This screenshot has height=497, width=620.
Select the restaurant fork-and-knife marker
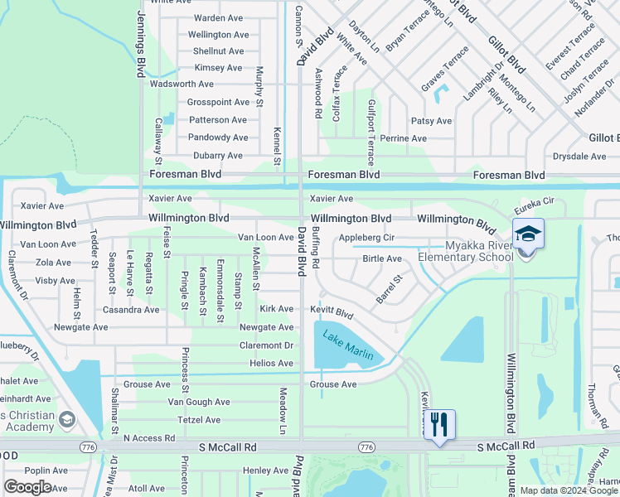pyautogui.click(x=439, y=425)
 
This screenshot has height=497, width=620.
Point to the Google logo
pyautogui.click(x=27, y=487)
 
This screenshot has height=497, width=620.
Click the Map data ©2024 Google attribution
pyautogui.click(x=568, y=490)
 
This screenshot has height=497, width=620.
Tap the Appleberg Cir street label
pyautogui.click(x=366, y=237)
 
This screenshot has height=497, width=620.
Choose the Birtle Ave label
pyautogui.click(x=382, y=258)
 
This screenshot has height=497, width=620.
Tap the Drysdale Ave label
pyautogui.click(x=581, y=156)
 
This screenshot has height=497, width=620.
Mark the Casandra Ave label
pyautogui.click(x=130, y=310)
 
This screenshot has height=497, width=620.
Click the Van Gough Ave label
pyautogui.click(x=199, y=402)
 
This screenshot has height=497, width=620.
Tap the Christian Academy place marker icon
pyautogui.click(x=67, y=420)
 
